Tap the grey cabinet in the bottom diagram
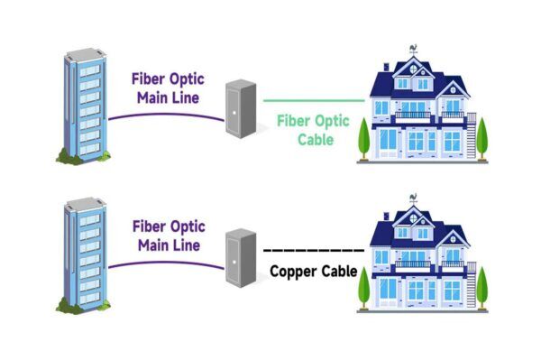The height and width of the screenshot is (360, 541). (x=239, y=257)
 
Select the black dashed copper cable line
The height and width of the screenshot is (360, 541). (x=316, y=249)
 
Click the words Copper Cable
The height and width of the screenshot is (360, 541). (x=313, y=271)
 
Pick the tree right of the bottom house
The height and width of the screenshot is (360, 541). (x=481, y=286)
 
